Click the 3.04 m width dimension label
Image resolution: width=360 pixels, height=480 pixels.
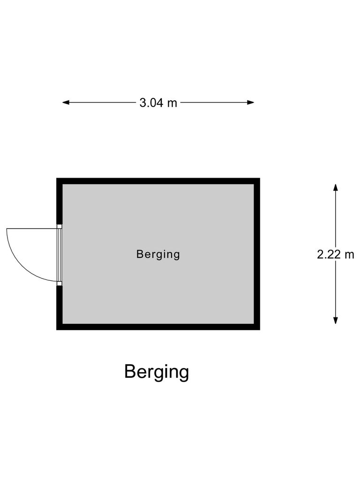158,103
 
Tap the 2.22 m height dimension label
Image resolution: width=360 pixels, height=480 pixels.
336,255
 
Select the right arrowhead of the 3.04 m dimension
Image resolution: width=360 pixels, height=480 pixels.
251,103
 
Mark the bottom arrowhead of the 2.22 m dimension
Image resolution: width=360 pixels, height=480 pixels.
336,320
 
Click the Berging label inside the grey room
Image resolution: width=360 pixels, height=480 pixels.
158,255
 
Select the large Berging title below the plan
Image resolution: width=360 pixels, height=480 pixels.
157,372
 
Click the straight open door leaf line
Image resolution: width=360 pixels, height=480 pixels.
32,229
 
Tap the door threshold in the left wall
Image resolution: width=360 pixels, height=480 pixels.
60,255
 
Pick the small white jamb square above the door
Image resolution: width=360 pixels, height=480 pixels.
60,226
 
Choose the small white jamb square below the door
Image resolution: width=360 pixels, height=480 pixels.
60,284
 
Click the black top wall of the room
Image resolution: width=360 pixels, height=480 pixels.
158,181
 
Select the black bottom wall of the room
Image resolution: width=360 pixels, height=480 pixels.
158,327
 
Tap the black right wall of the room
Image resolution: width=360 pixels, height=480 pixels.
257,254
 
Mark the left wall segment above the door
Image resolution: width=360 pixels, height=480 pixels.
60,201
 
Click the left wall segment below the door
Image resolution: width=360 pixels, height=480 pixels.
60,307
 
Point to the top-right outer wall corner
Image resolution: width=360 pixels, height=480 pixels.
260,178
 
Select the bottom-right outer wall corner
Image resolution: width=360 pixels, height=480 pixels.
260,330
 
